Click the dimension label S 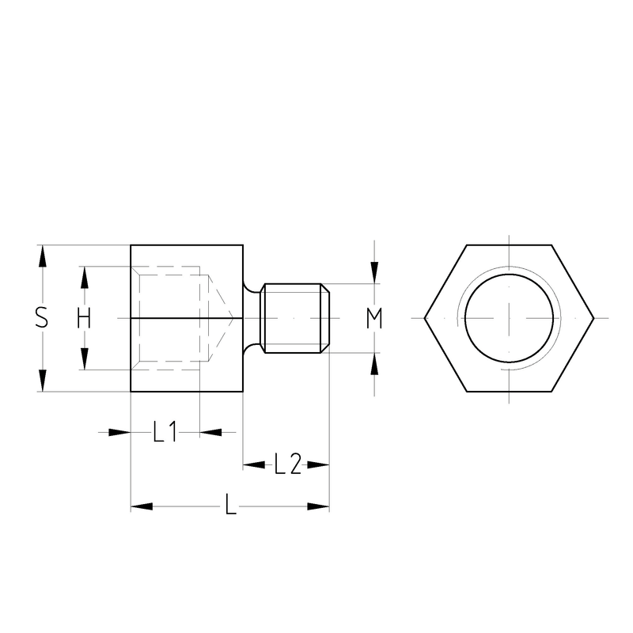click(42, 317)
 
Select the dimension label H click(84, 318)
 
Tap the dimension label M click(374, 318)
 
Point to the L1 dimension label click(165, 431)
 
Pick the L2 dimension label click(287, 464)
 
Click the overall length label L click(230, 504)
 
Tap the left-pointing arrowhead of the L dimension click(142, 506)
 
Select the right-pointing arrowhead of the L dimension click(318, 506)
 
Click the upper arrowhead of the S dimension click(43, 256)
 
